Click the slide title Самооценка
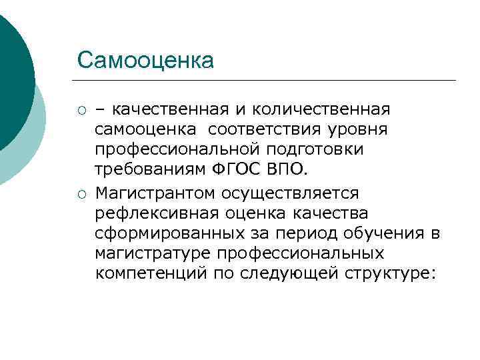(x=145, y=60)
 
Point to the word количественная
(x=325, y=109)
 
